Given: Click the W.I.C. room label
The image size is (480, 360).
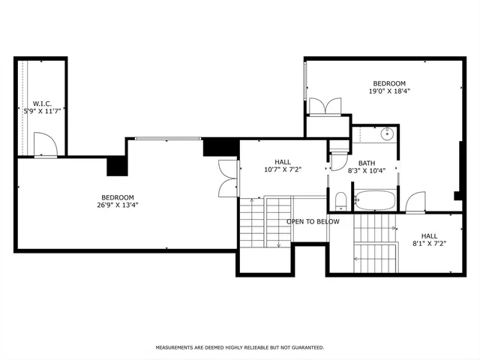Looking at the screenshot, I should [40, 103].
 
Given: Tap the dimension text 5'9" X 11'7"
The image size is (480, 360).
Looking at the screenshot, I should [40, 111].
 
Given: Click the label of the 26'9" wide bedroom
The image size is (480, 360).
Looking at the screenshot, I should [118, 197].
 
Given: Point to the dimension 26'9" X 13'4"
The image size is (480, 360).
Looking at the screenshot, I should [118, 205].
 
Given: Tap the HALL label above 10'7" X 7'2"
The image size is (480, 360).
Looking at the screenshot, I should [282, 162].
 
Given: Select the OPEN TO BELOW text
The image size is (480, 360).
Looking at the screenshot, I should [313, 221].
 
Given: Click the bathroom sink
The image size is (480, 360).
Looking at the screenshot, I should [387, 136].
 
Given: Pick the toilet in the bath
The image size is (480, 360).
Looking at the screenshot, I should [340, 199].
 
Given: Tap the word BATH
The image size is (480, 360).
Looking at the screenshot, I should [367, 163].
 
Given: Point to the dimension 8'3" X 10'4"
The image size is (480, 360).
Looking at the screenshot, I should [367, 171].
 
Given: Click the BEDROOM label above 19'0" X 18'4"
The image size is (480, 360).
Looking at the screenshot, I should [389, 83].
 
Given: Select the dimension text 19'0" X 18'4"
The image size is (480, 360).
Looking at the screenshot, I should [389, 91].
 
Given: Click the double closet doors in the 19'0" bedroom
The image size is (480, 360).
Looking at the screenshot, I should [326, 106].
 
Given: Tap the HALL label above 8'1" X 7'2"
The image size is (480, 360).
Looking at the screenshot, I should [428, 235].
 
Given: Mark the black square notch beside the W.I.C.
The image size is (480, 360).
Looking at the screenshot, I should [116, 166].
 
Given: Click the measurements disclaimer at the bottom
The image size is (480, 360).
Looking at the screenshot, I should [239, 348].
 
